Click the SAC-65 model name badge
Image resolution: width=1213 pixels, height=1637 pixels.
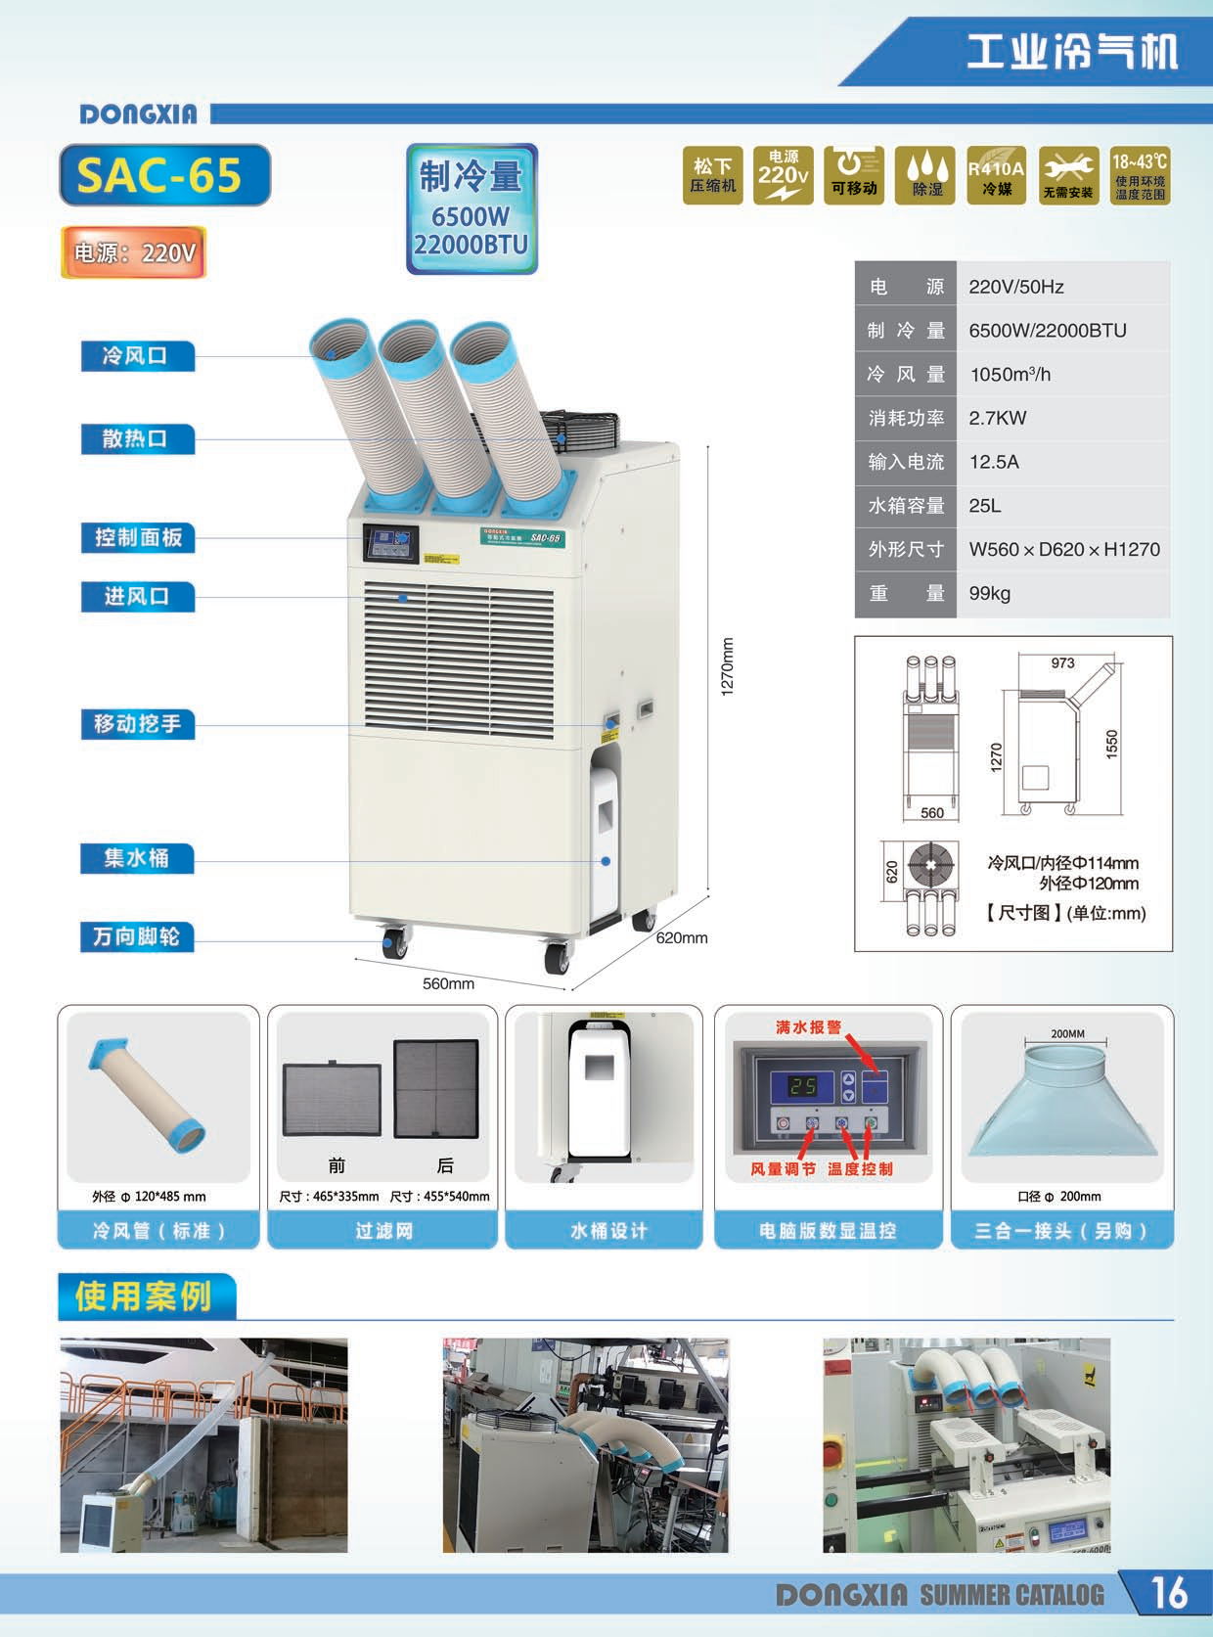[163, 175]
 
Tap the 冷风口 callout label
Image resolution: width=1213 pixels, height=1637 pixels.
[137, 356]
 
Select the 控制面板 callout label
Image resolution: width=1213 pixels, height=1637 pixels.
[137, 537]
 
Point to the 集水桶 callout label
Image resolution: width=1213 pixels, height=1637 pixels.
[137, 858]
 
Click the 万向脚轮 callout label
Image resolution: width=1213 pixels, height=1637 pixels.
[137, 936]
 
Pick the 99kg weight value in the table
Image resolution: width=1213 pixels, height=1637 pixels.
[990, 593]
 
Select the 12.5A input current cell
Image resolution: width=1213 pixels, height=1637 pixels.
[994, 462]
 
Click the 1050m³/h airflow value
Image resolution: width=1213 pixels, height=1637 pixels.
[1011, 374]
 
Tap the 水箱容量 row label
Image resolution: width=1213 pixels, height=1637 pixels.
[906, 506]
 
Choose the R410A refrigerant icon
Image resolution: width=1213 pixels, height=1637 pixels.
[997, 176]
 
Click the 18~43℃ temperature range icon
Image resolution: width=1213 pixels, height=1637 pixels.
[1140, 176]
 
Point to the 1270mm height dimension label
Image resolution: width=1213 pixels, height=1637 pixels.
[727, 666]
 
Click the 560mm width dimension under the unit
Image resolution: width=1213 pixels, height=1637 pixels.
[448, 983]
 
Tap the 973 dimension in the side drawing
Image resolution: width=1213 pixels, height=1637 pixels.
[1062, 663]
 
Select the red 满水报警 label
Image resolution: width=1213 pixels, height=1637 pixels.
[808, 1026]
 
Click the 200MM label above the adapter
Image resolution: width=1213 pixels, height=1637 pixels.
[1067, 1033]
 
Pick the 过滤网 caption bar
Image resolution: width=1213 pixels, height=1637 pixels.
[383, 1230]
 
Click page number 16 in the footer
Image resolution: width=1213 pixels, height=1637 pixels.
[1168, 1593]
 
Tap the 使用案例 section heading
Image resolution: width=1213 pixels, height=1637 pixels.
[144, 1296]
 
